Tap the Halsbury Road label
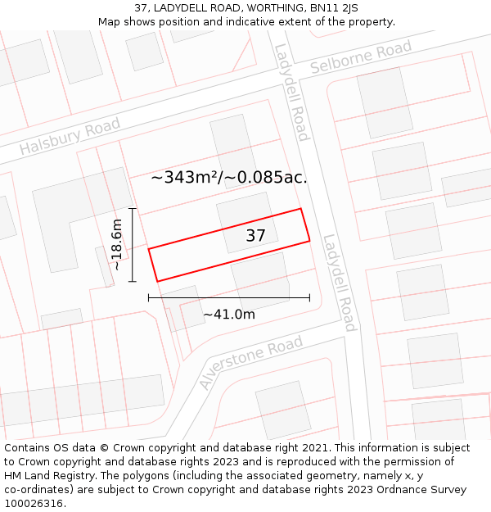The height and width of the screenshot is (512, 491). (70, 137)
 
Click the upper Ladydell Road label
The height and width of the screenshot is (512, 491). (291, 92)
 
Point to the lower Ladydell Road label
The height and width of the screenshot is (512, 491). (340, 283)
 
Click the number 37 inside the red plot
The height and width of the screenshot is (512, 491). (256, 236)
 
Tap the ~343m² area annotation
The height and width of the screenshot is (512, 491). (229, 177)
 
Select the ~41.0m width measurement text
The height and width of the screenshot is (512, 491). (229, 314)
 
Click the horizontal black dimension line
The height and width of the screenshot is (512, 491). (229, 297)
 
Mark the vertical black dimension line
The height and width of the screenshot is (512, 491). (132, 244)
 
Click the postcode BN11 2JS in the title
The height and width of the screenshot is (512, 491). (339, 7)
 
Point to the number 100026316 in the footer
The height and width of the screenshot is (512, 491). (34, 503)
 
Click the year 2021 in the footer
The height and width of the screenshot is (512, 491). (314, 448)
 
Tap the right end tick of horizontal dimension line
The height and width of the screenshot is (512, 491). (309, 297)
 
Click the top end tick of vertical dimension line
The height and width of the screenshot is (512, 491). (132, 209)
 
